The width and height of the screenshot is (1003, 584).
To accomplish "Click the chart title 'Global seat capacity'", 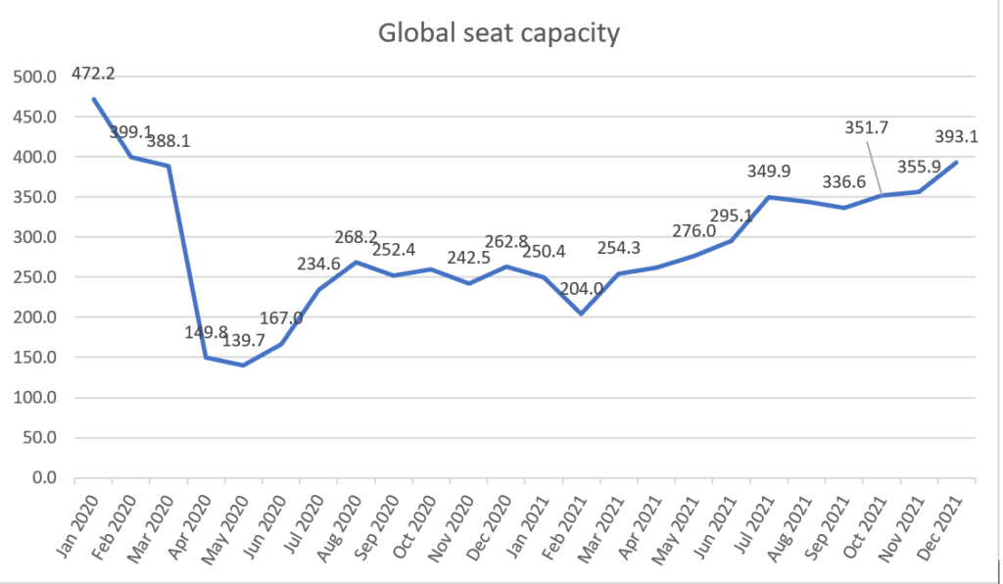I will point(500,33).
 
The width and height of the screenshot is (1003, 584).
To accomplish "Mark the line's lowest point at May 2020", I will point(243,365).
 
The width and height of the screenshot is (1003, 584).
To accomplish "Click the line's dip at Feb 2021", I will point(582,314).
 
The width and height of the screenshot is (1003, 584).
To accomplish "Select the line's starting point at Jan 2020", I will point(94,98).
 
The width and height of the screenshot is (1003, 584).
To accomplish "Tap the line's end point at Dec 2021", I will point(957,162).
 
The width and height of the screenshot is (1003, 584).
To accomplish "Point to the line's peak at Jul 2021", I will point(769,197).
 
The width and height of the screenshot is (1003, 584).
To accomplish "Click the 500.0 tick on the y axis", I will point(37,76).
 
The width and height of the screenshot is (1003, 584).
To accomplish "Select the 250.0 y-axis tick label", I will point(37,277).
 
